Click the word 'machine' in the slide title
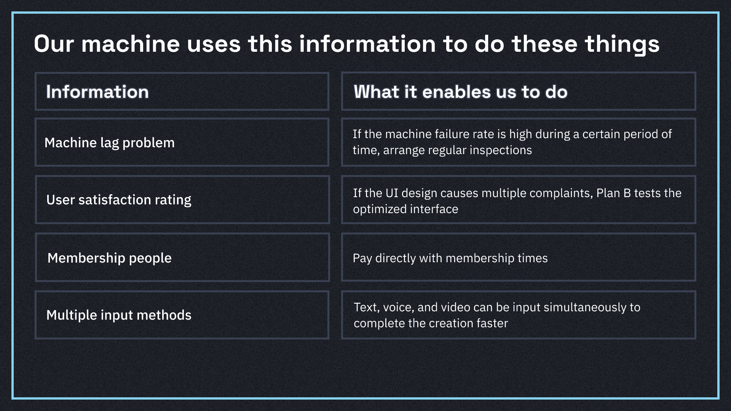[x=130, y=44]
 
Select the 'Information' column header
[x=97, y=92]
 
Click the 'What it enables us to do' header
[x=461, y=92]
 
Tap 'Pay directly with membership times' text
[x=450, y=258]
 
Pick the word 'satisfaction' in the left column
[x=115, y=200]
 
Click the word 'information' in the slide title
[x=367, y=44]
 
